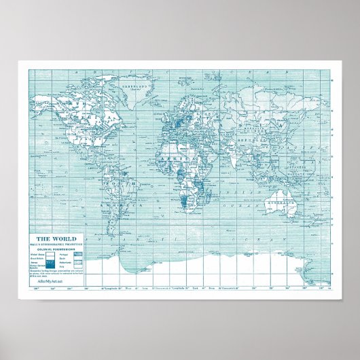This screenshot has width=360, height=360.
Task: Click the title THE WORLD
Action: pos(51,238)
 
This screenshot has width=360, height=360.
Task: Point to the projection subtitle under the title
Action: pos(51,243)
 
